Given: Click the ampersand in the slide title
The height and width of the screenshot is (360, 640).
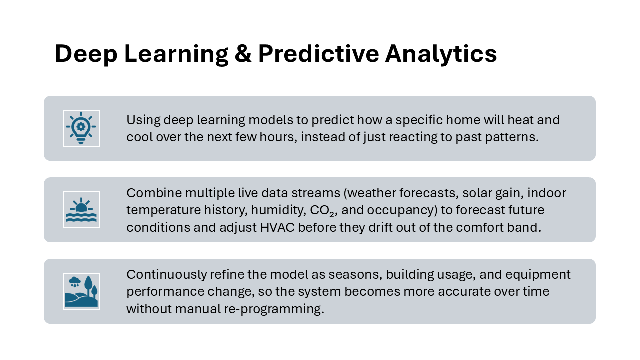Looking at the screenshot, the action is (243, 53).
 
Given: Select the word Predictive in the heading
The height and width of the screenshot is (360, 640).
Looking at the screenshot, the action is (318, 53).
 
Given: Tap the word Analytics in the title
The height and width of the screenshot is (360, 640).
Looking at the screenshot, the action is (441, 54).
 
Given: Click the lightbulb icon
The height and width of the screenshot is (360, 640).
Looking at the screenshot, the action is (81, 128).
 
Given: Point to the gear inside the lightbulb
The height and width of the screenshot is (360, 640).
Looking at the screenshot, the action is (81, 127).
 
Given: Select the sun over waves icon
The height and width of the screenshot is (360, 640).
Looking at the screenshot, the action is (81, 210).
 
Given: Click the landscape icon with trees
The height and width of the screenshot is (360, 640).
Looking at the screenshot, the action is (81, 291).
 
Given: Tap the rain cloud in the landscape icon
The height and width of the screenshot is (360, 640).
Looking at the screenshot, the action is (75, 281).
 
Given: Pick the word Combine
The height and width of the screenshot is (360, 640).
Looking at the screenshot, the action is (154, 193).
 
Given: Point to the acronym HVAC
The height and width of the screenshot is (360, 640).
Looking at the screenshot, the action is (277, 228).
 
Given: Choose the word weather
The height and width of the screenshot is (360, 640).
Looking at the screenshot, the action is (371, 193).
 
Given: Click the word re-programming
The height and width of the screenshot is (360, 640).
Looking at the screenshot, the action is (274, 309).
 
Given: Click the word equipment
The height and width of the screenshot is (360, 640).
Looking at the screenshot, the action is (538, 275).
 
